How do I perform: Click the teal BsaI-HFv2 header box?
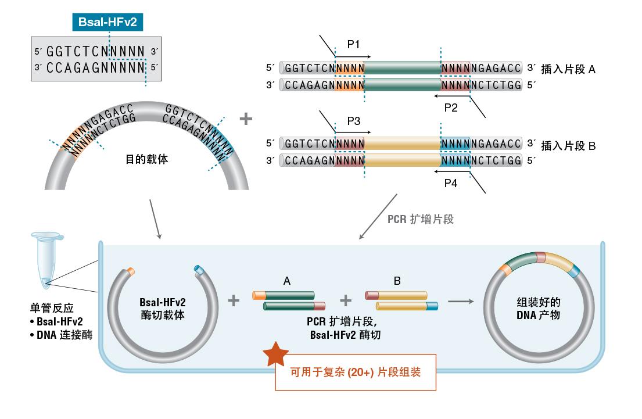click(107, 23)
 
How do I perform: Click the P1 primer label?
click(354, 44)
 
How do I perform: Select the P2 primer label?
click(451, 108)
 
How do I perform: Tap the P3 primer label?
click(354, 121)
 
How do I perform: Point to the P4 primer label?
click(451, 184)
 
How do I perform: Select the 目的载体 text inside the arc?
click(147, 159)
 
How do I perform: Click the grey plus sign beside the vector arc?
click(246, 119)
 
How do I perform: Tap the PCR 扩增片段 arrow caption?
click(421, 219)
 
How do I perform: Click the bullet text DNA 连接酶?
click(64, 335)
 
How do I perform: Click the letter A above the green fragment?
click(287, 281)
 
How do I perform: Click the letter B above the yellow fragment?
click(397, 281)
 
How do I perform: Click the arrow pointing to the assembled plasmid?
click(461, 301)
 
